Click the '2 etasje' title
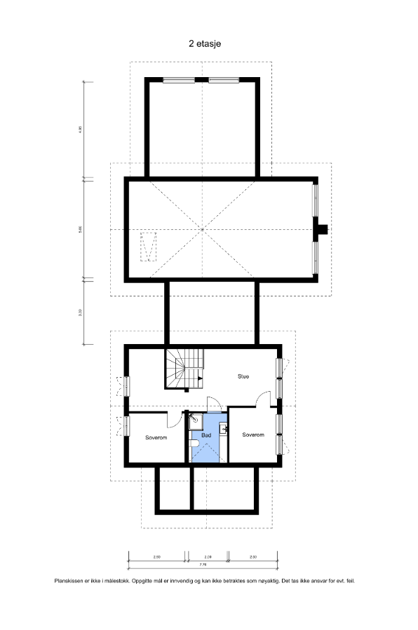point(205,43)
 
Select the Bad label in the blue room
point(206,435)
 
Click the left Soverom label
point(156,437)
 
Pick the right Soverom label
point(253,434)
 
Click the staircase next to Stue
point(184,369)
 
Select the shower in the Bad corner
point(196,420)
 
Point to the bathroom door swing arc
point(215,405)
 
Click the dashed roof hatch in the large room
point(148,246)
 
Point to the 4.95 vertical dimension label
point(81,130)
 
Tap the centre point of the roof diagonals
point(202,229)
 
